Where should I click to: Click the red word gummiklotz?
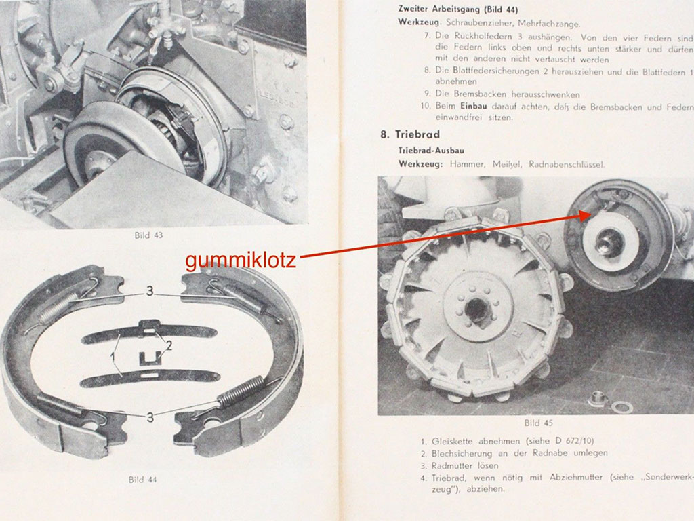tap(241, 260)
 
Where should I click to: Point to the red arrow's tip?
tap(591, 214)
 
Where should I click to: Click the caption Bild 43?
tap(148, 235)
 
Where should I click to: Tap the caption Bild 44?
tap(142, 480)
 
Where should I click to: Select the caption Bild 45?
tap(538, 423)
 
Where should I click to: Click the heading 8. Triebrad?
tap(410, 134)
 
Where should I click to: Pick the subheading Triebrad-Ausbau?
tap(431, 151)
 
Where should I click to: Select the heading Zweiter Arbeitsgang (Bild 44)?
tap(457, 9)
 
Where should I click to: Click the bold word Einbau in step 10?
tap(473, 107)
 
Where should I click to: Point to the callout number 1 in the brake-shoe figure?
tap(113, 357)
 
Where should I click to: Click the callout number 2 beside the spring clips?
tap(169, 345)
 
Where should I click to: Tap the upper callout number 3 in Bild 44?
tap(150, 291)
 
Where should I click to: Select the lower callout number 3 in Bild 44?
tap(150, 417)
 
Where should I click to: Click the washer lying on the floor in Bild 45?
tap(622, 406)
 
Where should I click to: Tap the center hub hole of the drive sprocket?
tap(476, 309)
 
